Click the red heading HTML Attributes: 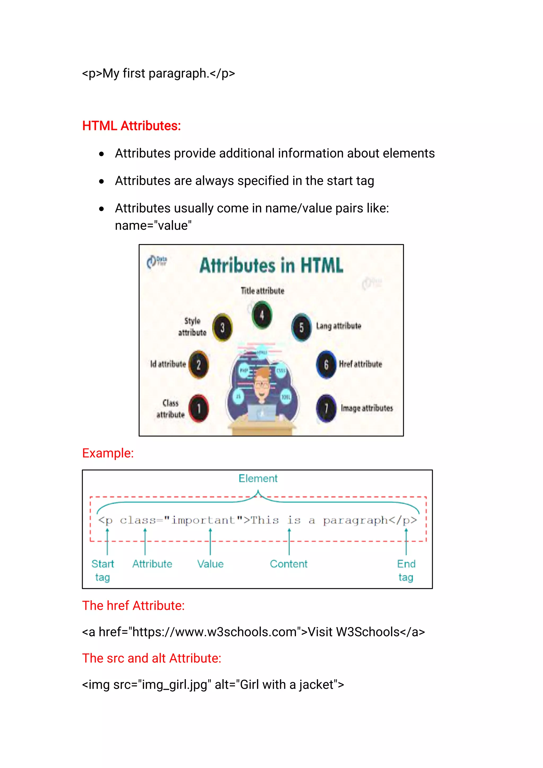[132, 126]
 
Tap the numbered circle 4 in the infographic [262, 315]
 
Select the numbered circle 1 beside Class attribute [199, 409]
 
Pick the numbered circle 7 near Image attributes [326, 409]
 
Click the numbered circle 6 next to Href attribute [326, 364]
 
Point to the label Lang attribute [338, 326]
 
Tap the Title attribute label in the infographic [262, 291]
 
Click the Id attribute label [168, 364]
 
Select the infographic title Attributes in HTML [271, 266]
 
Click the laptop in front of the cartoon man [262, 413]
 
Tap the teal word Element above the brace [258, 479]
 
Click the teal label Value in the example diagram [210, 564]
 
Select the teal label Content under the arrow [288, 564]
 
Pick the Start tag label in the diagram [103, 570]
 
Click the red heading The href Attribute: [133, 606]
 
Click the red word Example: [108, 453]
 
